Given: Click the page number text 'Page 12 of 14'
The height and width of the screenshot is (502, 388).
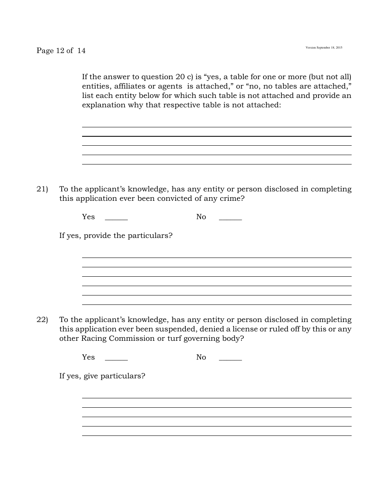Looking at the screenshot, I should click(x=61, y=51).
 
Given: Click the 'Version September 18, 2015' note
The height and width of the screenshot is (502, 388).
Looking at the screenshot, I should click(x=324, y=48).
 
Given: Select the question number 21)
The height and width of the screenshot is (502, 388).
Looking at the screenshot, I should click(x=42, y=189).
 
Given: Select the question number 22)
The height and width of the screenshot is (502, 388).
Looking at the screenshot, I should click(x=42, y=320).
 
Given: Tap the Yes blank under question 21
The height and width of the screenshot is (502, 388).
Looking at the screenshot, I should click(x=116, y=218).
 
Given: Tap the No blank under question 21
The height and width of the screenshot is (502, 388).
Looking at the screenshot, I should click(x=230, y=218).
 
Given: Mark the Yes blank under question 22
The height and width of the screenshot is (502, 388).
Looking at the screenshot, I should click(x=116, y=358).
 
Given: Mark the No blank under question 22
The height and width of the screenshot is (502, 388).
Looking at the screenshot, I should click(x=230, y=358).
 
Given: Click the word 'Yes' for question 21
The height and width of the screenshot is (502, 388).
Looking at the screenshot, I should click(x=88, y=217).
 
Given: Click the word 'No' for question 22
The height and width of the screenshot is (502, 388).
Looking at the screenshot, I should click(x=201, y=357).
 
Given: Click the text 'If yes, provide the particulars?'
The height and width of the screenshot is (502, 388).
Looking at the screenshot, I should click(x=116, y=235).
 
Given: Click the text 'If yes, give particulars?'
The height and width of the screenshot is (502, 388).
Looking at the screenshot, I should click(x=102, y=376).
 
